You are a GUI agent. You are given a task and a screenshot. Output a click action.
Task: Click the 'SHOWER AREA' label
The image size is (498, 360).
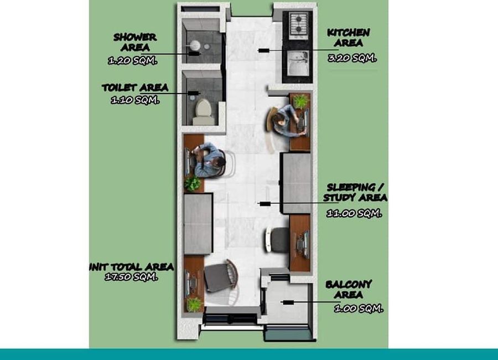135,42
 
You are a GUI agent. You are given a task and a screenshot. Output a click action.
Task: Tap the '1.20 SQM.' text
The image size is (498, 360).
132,60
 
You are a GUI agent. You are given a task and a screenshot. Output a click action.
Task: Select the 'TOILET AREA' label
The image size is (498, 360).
135,88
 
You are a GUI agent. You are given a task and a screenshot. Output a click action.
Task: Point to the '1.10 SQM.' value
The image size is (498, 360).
135,100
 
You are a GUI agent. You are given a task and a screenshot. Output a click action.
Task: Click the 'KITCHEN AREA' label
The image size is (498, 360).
349,38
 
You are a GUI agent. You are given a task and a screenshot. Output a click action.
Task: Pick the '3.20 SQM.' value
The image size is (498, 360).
352,58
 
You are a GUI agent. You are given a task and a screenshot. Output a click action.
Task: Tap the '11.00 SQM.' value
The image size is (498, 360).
354,213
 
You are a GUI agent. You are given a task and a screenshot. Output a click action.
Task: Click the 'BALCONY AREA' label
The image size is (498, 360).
349,290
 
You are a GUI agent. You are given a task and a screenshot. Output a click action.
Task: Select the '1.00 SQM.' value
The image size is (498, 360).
359,308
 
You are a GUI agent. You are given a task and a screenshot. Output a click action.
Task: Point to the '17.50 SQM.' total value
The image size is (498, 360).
131,277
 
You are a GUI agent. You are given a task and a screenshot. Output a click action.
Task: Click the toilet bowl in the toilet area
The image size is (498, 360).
203,112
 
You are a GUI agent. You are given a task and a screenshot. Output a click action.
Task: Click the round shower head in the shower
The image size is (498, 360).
195,45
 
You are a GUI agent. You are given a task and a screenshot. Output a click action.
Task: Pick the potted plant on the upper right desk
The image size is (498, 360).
301,101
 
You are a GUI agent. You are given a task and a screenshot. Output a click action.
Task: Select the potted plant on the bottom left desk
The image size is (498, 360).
194,305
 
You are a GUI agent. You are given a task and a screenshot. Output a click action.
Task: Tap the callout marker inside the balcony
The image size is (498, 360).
288,302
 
